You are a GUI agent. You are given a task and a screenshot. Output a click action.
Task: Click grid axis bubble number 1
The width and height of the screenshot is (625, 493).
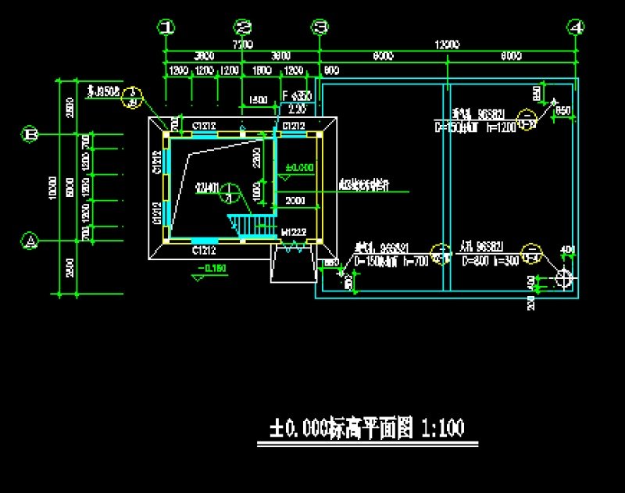tap(166, 27)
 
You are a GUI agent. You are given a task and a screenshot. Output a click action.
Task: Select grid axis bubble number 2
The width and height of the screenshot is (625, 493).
tap(244, 27)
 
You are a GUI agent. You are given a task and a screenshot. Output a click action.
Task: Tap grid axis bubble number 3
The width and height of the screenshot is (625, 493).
tap(320, 27)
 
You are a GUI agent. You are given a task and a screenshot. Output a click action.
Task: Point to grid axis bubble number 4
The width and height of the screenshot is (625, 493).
tap(577, 27)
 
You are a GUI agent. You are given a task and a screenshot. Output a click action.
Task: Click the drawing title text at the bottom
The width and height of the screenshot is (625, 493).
tap(367, 428)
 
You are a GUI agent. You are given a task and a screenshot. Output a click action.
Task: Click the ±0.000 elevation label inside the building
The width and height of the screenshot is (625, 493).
tap(298, 168)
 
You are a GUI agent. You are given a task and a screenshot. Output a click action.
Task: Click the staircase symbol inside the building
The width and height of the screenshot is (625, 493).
tap(248, 224)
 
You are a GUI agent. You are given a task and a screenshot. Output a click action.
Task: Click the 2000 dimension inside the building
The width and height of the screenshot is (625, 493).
tap(295, 201)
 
